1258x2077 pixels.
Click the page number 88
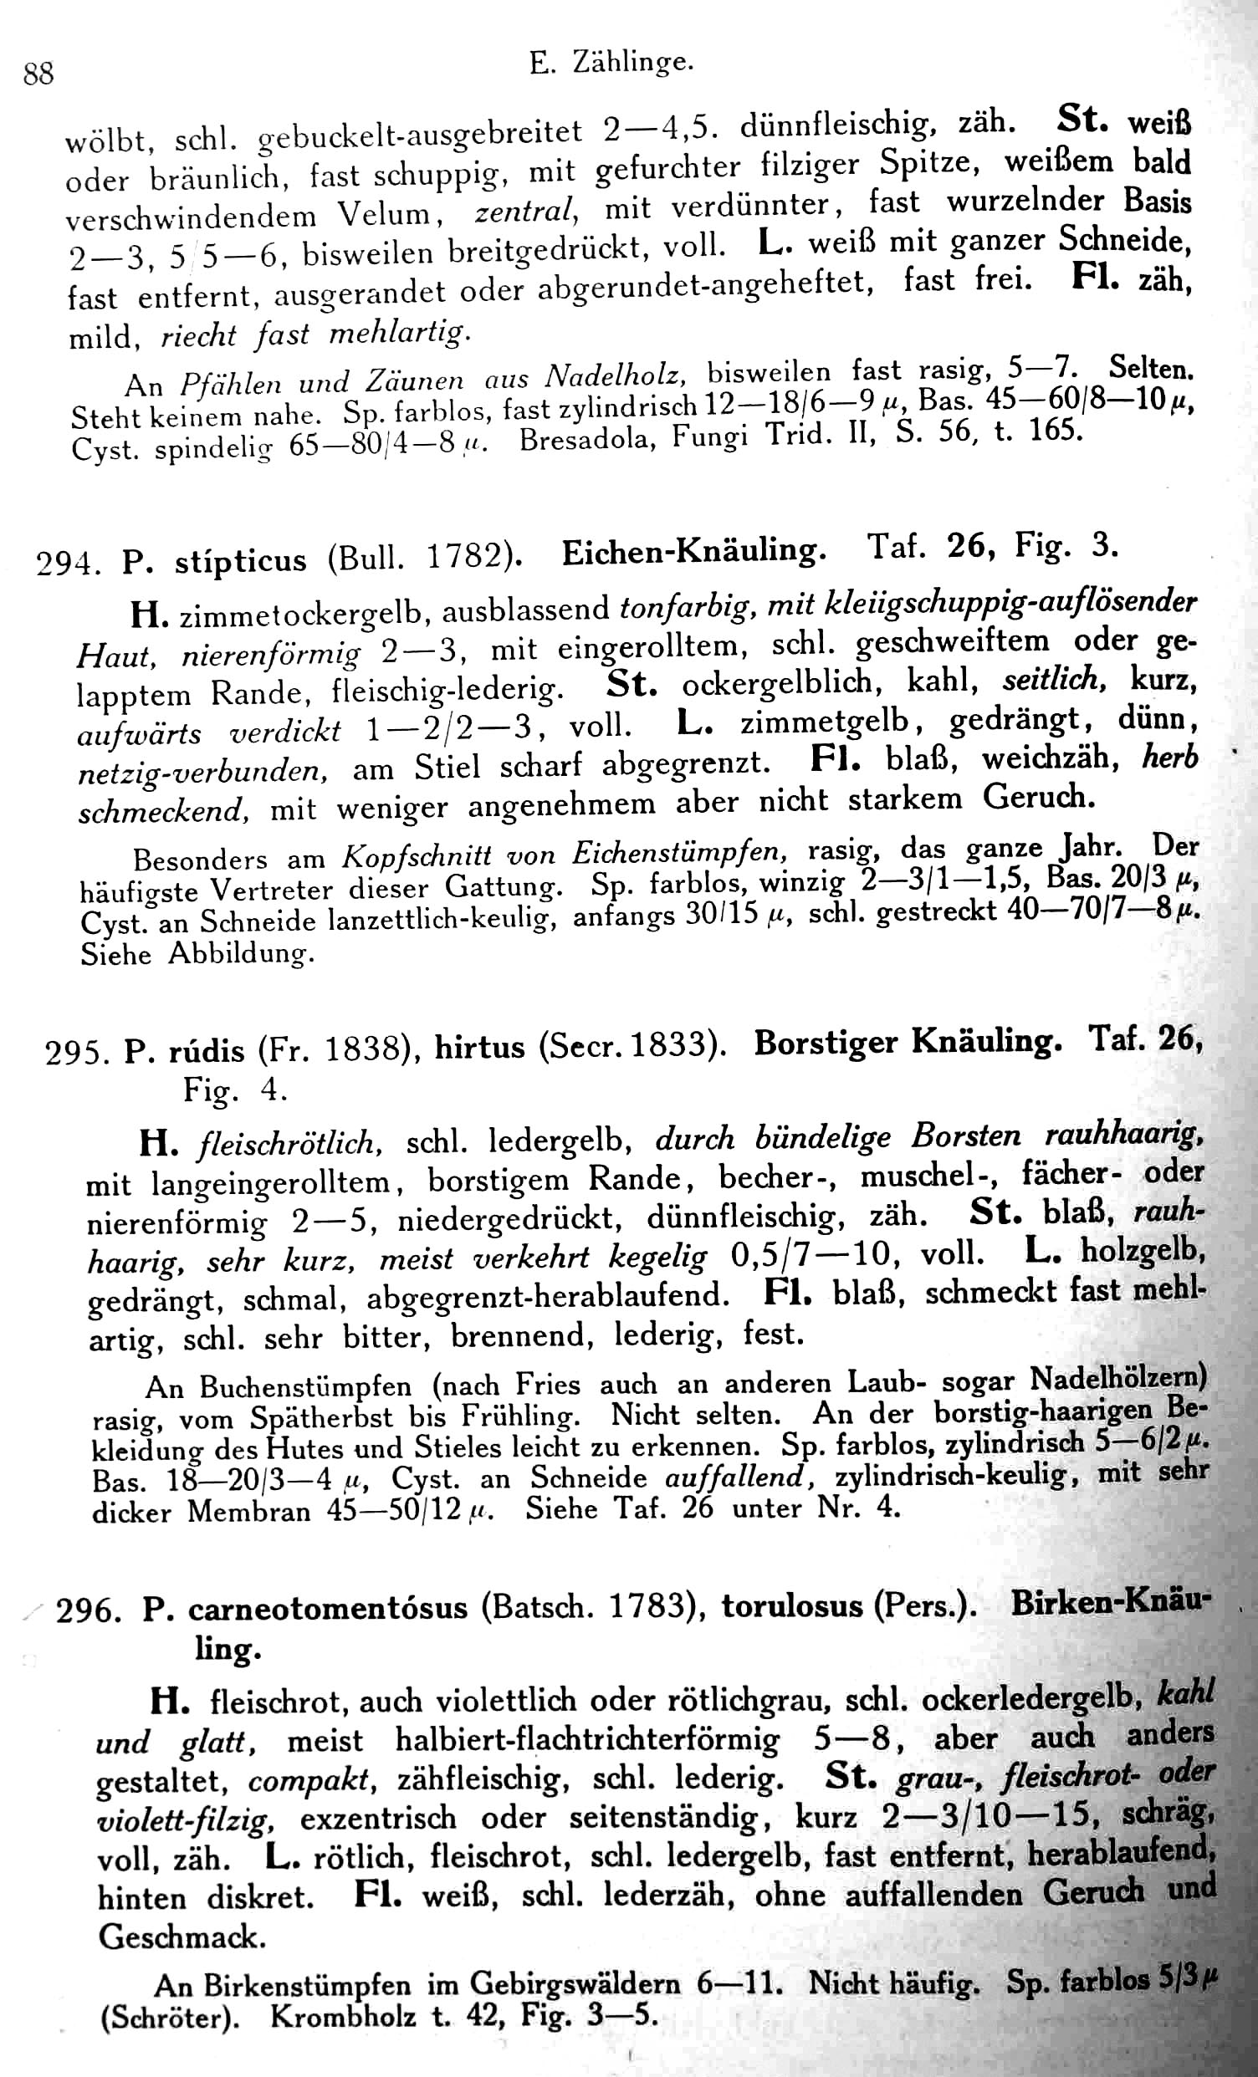38,74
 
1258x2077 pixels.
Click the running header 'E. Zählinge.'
611,63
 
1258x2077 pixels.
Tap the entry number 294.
68,561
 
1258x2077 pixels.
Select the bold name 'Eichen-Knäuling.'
693,551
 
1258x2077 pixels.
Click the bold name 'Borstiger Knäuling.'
908,1044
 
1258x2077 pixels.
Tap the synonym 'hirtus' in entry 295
479,1048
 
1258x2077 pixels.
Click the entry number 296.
89,1611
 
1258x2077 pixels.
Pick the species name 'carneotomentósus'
327,1608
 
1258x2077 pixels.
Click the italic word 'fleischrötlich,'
290,1144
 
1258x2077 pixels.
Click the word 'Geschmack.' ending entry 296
182,1937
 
